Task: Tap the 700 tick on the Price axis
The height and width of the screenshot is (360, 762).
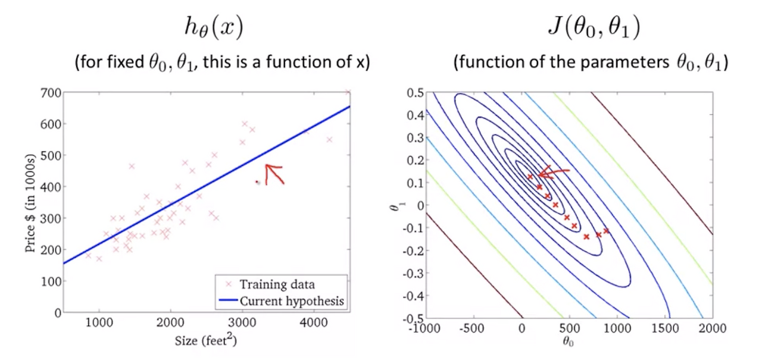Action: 51,92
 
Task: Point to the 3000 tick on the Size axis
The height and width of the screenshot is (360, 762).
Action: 242,321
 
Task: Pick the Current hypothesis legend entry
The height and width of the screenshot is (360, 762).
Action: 292,301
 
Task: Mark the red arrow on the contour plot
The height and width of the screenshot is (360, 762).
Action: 554,173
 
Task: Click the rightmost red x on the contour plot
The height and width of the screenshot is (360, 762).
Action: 606,230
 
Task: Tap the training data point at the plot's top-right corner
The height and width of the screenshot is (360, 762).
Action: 348,92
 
